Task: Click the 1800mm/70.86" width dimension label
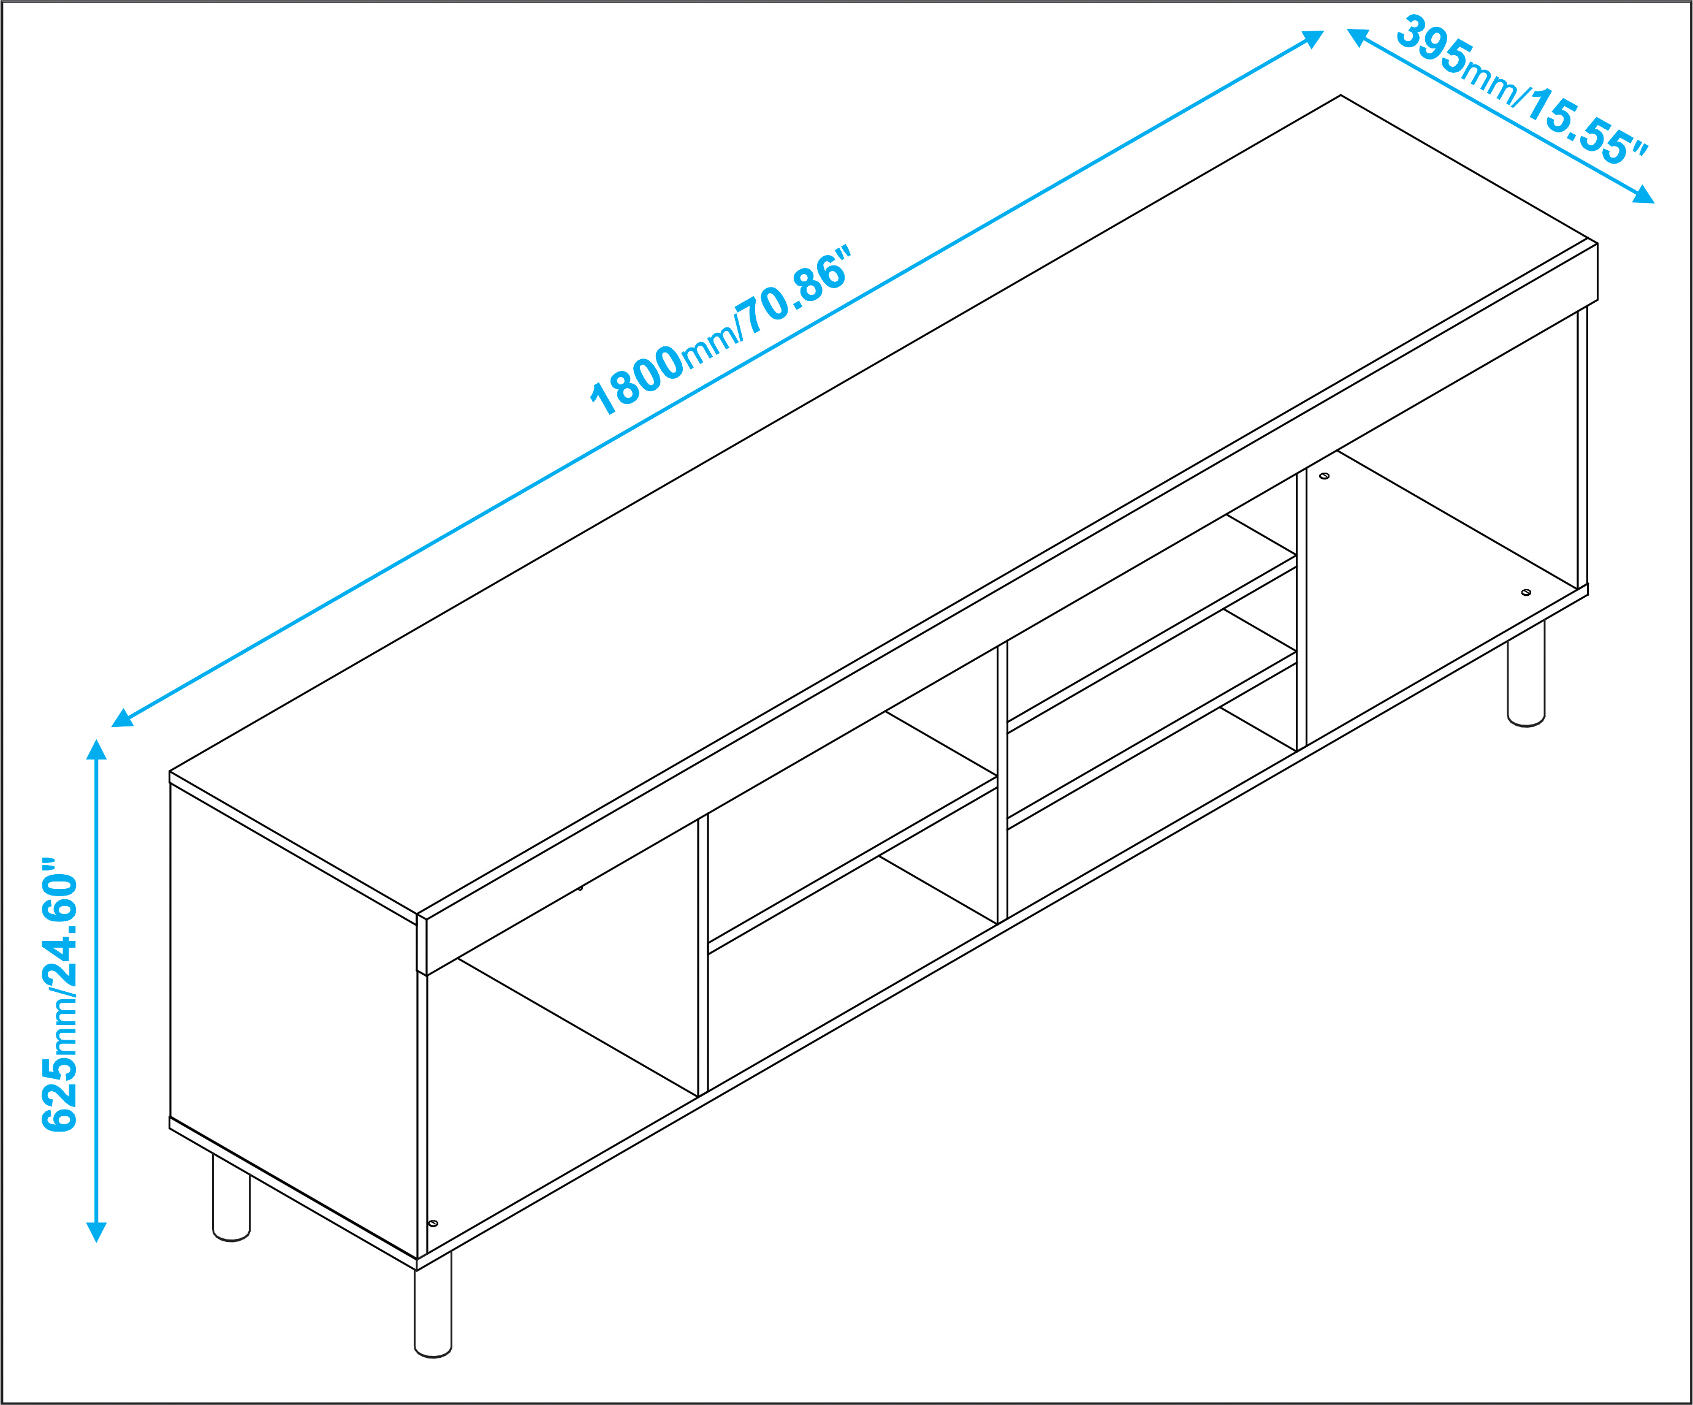pyautogui.click(x=721, y=330)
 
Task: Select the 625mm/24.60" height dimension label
pyautogui.click(x=61, y=995)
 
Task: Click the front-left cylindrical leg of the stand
pyautogui.click(x=433, y=1305)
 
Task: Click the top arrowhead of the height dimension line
pyautogui.click(x=97, y=750)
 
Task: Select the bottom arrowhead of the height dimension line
pyautogui.click(x=97, y=1233)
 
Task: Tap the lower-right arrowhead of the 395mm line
pyautogui.click(x=1643, y=194)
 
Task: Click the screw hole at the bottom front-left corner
pyautogui.click(x=433, y=1224)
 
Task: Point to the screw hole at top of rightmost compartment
pyautogui.click(x=1324, y=476)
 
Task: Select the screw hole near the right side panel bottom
pyautogui.click(x=1526, y=593)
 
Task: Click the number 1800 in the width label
pyautogui.click(x=637, y=379)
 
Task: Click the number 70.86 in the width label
pyautogui.click(x=794, y=289)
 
